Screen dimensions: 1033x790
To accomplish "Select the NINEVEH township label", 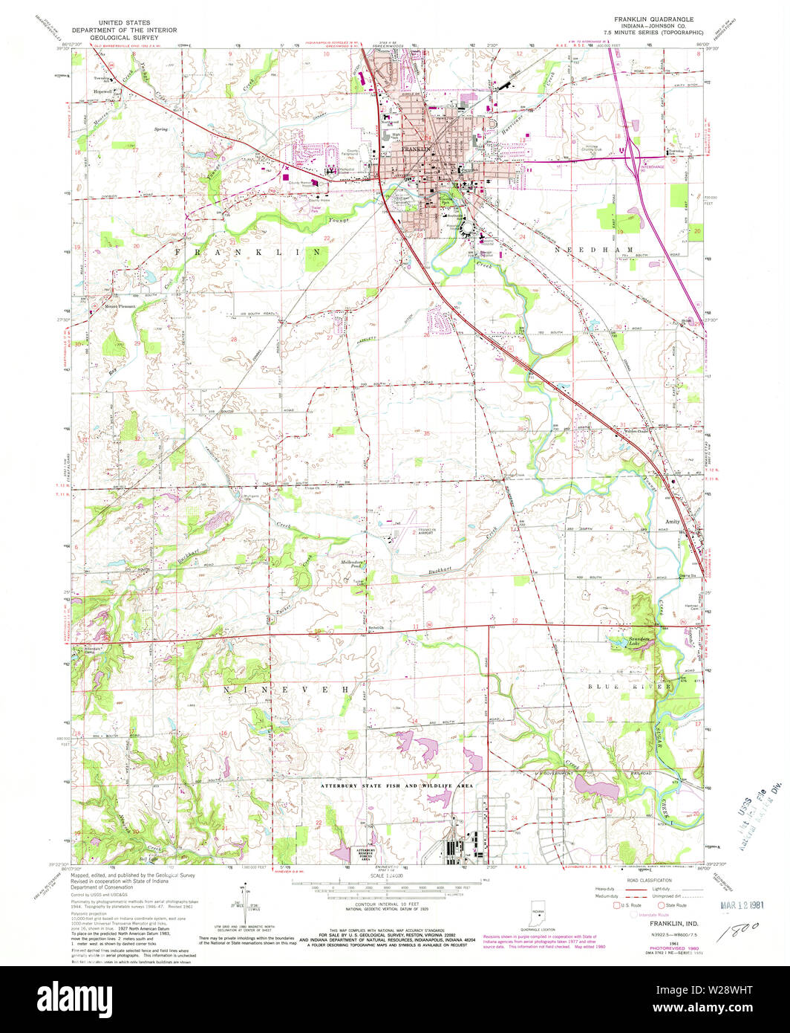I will pos(287,690).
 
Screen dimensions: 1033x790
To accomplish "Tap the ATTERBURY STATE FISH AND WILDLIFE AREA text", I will pos(396,786).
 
